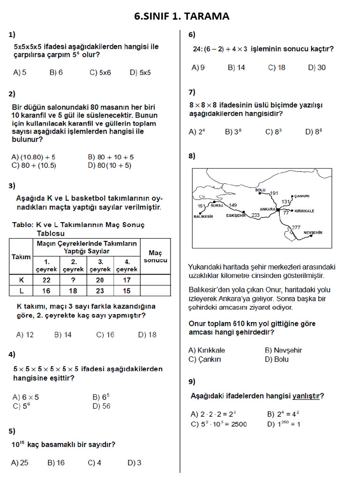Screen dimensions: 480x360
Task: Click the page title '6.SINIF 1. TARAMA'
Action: coord(182,16)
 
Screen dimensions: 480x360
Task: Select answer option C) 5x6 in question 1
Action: coord(100,73)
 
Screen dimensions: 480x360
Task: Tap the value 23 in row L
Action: coord(100,291)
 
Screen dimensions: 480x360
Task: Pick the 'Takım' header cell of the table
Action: coord(21,256)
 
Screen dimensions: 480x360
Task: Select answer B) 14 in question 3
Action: coord(63,335)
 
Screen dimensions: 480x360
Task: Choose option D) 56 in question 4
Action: coord(102,406)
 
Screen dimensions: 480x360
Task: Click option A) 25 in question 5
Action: coord(20,463)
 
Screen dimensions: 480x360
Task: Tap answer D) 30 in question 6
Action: coord(317,67)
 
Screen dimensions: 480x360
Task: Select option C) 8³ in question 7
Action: coord(273,132)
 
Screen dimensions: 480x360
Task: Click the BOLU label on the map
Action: coord(260,190)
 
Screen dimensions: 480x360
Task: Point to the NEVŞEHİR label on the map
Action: coord(313,232)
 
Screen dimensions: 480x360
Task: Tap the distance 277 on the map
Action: coord(296,227)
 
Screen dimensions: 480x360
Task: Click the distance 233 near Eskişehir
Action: coord(255,215)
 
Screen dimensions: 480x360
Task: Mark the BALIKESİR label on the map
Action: coord(203,217)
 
